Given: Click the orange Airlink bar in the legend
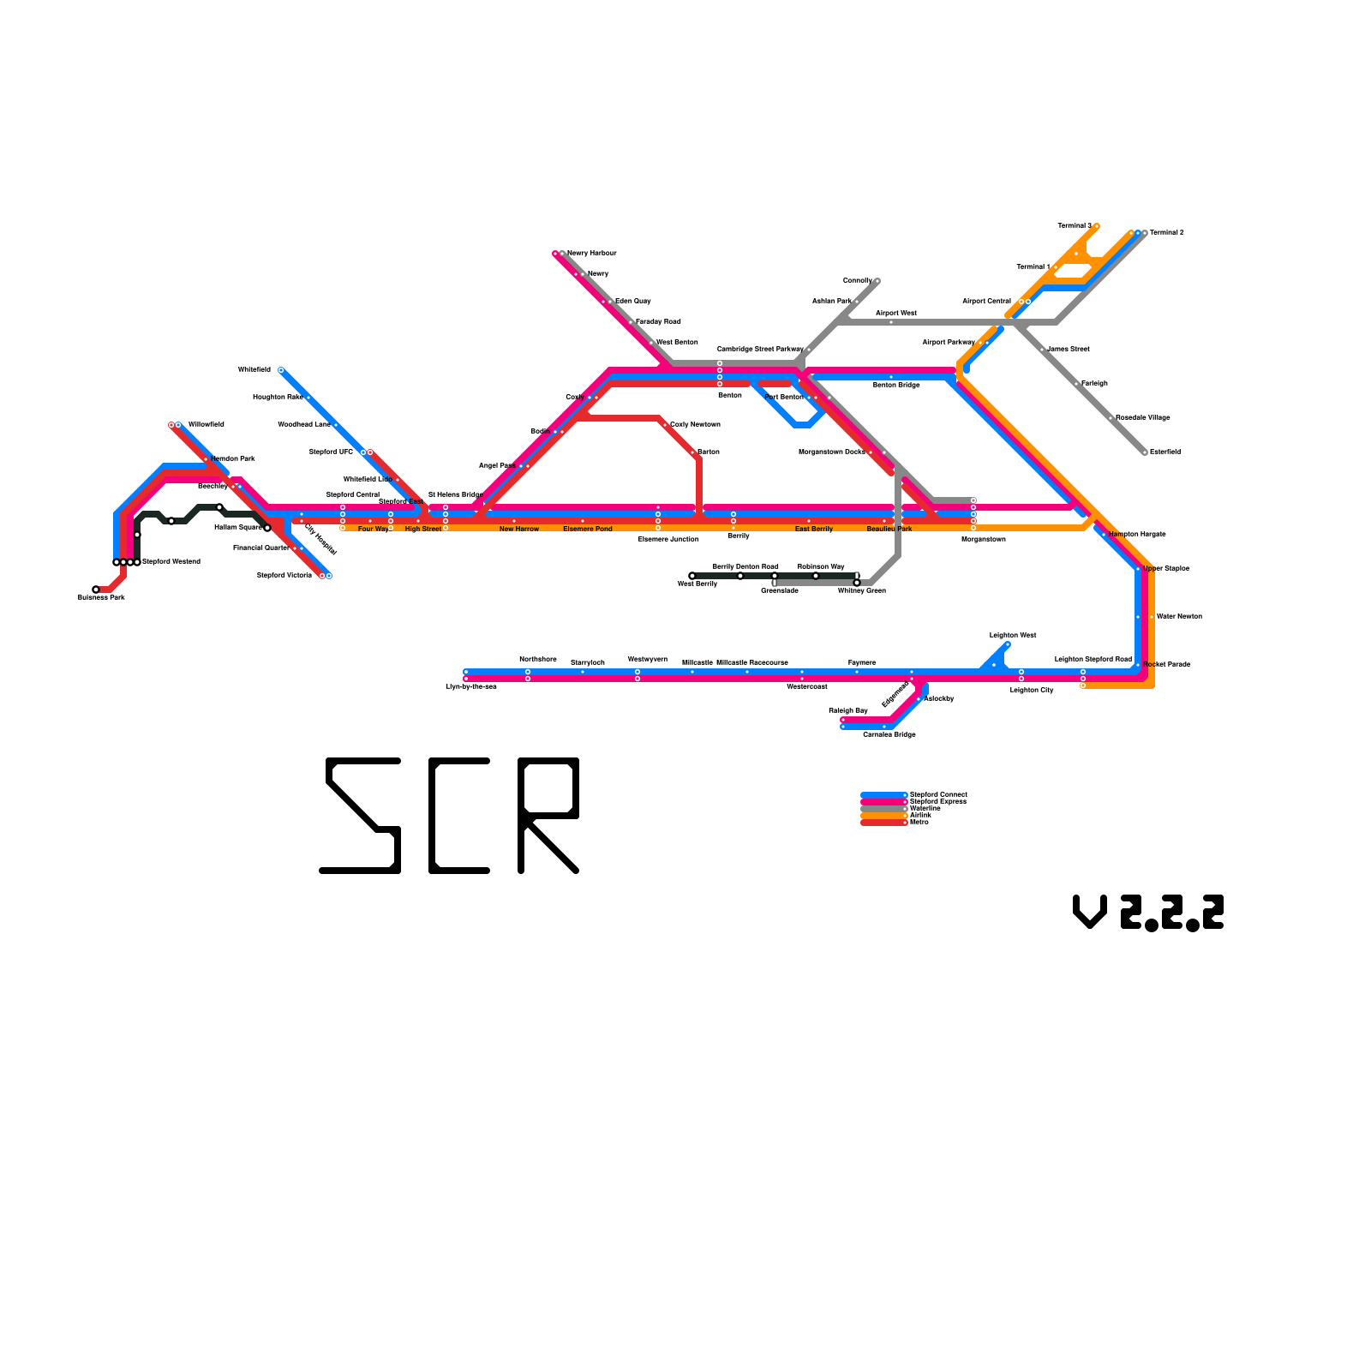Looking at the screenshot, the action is pyautogui.click(x=883, y=816).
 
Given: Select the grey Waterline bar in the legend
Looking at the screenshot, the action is pyautogui.click(x=883, y=809).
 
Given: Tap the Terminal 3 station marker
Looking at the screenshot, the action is pyautogui.click(x=1097, y=226).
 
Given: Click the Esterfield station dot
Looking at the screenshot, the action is pyautogui.click(x=1145, y=452).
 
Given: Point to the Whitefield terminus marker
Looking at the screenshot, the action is pyautogui.click(x=281, y=370).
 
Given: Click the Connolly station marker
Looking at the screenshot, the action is pyautogui.click(x=877, y=281).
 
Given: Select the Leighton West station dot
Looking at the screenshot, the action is pyautogui.click(x=1008, y=644).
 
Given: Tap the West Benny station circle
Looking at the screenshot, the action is pyautogui.click(x=692, y=576).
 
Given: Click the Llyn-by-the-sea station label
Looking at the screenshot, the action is pyautogui.click(x=471, y=687).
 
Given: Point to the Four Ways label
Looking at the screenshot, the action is pyautogui.click(x=374, y=530).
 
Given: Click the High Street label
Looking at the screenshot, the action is pyautogui.click(x=423, y=530).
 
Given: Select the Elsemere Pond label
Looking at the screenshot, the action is pyautogui.click(x=588, y=530).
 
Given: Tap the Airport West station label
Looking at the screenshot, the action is pyautogui.click(x=896, y=314).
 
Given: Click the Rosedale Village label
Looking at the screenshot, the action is pyautogui.click(x=1143, y=418).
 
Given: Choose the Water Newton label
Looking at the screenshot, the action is pyautogui.click(x=1179, y=617).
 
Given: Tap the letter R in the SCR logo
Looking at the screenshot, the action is pyautogui.click(x=548, y=816).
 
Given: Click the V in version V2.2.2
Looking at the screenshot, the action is pyautogui.click(x=1090, y=912).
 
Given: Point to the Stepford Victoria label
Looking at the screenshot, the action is pyautogui.click(x=284, y=576).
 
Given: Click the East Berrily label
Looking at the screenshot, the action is pyautogui.click(x=814, y=530).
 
